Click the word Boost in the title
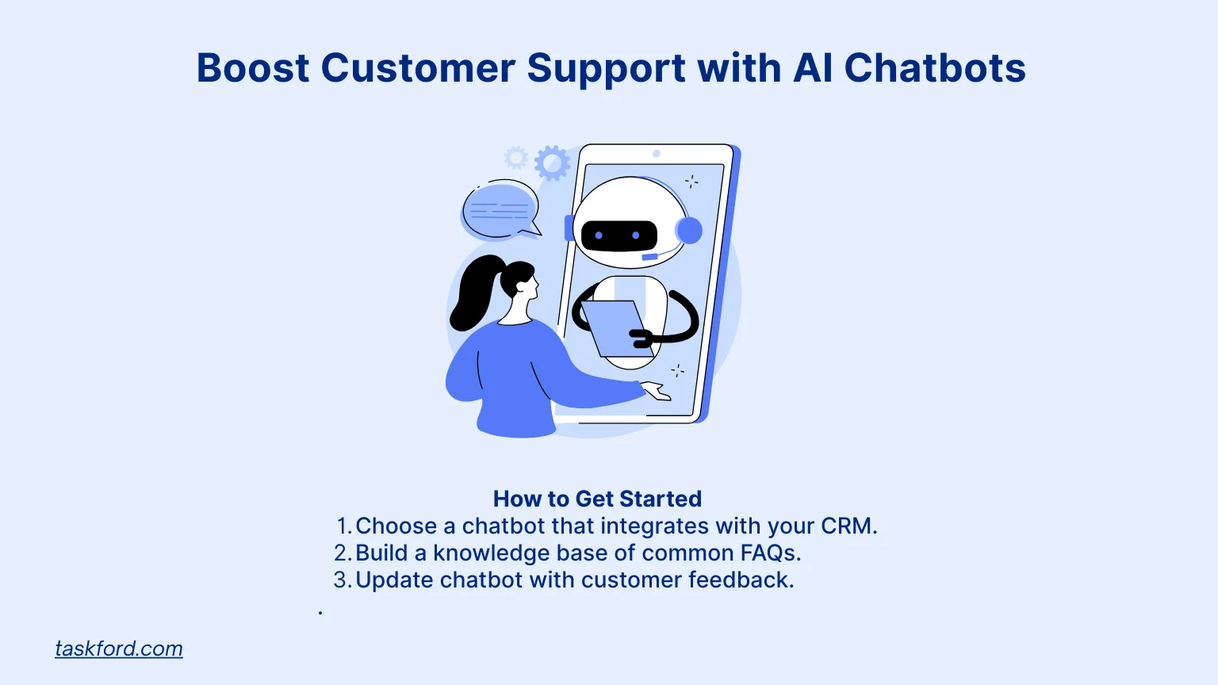[252, 68]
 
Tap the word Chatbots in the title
[935, 68]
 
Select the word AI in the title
[813, 68]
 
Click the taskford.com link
[119, 649]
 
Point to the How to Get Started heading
[597, 499]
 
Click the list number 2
[341, 553]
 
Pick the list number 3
[341, 580]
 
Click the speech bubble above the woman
[500, 211]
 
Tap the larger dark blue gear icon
[552, 163]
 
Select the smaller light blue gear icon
[516, 158]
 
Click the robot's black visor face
[619, 235]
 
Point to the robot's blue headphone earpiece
[688, 231]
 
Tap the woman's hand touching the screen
[657, 391]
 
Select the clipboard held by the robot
[613, 328]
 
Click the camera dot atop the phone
[657, 154]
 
